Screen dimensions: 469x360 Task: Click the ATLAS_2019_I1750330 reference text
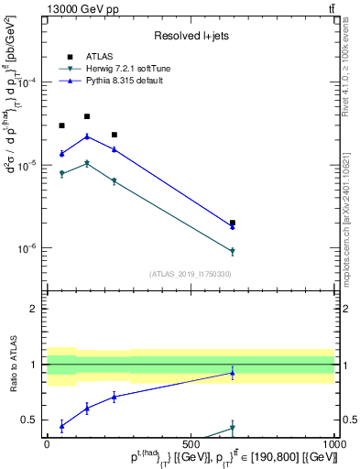point(191,273)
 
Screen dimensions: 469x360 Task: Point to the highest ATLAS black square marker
point(87,116)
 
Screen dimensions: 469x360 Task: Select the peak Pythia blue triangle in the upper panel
point(87,136)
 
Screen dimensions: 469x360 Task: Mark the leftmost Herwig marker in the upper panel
point(61,173)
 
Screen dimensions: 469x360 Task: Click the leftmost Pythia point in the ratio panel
point(61,425)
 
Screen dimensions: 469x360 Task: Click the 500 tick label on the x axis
point(191,445)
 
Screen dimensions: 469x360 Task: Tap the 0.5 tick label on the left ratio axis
point(34,420)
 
